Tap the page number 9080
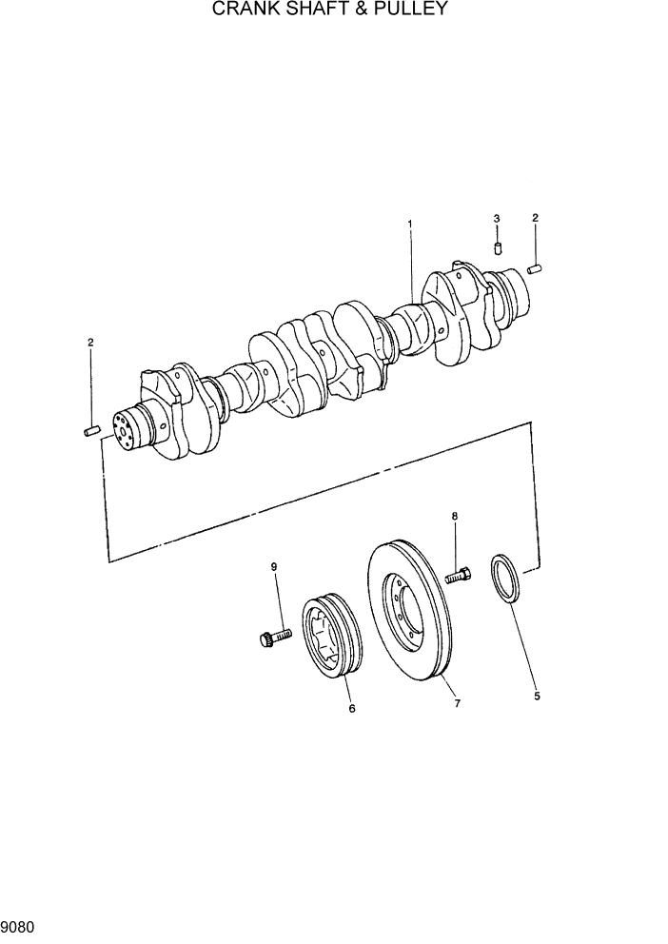pyautogui.click(x=18, y=923)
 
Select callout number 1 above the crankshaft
pyautogui.click(x=410, y=225)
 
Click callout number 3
pyautogui.click(x=497, y=219)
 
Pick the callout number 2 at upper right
pyautogui.click(x=535, y=218)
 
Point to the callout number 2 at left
pyautogui.click(x=90, y=342)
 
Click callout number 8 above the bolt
pyautogui.click(x=455, y=516)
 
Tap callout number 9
pyautogui.click(x=275, y=567)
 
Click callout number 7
pyautogui.click(x=457, y=703)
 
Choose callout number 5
pyautogui.click(x=537, y=697)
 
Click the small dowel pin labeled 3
pyautogui.click(x=498, y=249)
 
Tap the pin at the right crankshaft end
pyautogui.click(x=535, y=268)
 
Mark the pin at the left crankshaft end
pyautogui.click(x=92, y=431)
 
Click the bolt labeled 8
pyautogui.click(x=457, y=576)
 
